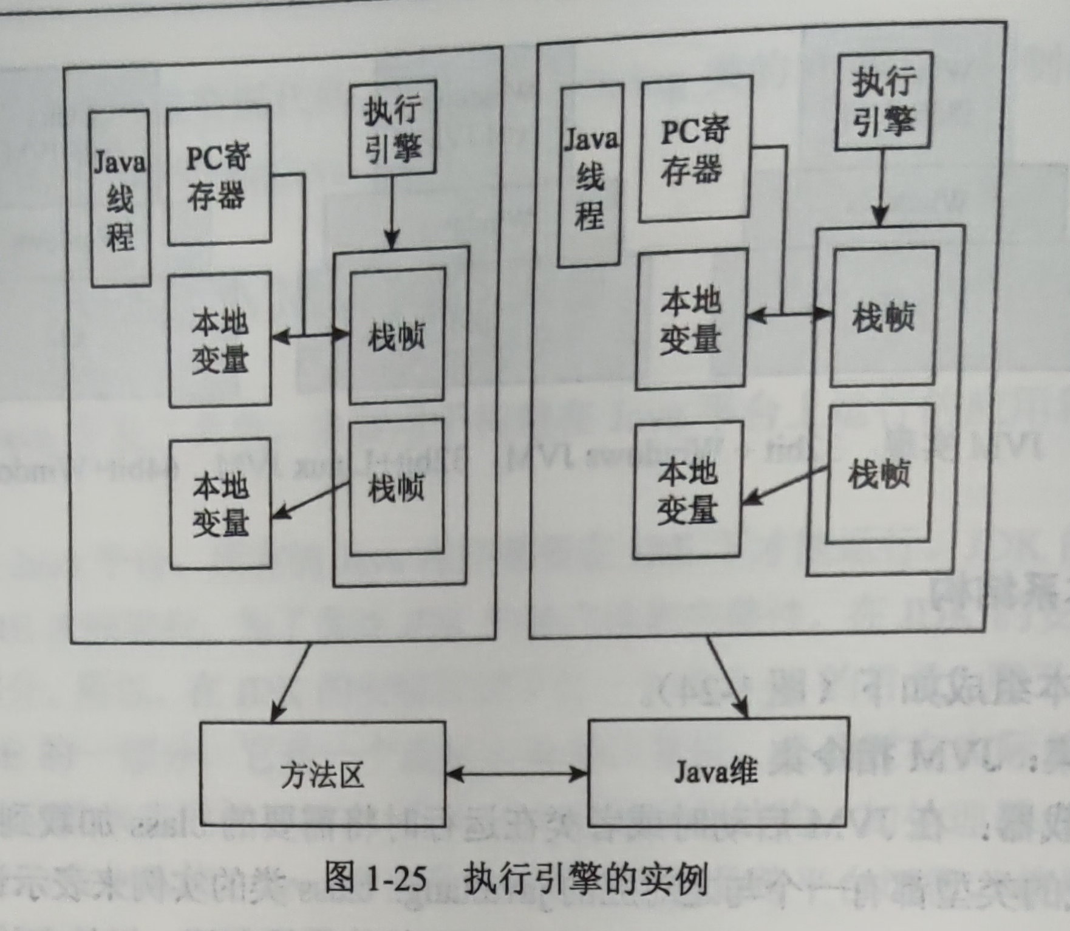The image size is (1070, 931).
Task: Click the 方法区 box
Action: point(322,774)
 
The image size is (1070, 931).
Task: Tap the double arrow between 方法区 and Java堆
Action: point(517,773)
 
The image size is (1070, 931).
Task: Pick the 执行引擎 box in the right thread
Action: point(884,101)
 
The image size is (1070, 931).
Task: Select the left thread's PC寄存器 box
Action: point(219,176)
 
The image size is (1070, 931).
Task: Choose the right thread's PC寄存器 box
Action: point(695,149)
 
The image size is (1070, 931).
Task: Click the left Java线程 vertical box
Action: point(120,199)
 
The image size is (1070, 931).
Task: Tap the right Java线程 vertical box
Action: point(590,176)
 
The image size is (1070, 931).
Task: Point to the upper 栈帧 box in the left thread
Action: point(397,336)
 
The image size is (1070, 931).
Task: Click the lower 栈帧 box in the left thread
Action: point(397,487)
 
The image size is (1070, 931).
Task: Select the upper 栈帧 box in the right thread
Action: point(883,316)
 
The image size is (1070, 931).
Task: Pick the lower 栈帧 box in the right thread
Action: point(879,473)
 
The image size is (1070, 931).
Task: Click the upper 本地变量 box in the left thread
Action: point(220,340)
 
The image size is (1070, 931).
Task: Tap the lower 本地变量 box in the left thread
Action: point(220,504)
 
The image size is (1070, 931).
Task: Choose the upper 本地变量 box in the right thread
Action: point(691,319)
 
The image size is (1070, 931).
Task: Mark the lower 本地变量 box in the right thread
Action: point(687,490)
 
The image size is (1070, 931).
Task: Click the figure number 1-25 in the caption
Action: point(397,878)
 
